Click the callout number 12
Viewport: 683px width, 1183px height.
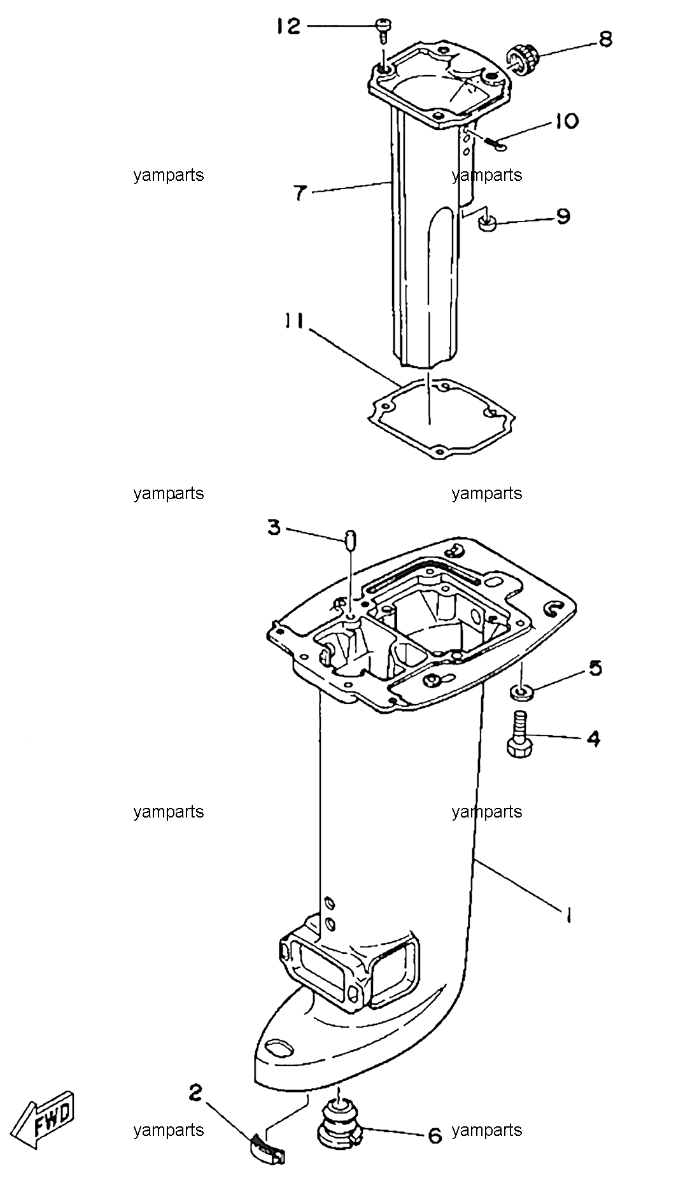point(288,26)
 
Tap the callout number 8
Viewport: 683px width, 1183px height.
point(605,39)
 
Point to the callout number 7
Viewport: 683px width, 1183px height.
point(300,192)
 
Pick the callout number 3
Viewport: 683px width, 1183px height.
point(274,528)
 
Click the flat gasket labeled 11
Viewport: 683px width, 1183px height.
point(441,417)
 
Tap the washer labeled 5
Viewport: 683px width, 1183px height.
point(521,691)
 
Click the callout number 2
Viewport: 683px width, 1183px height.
point(195,1093)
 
